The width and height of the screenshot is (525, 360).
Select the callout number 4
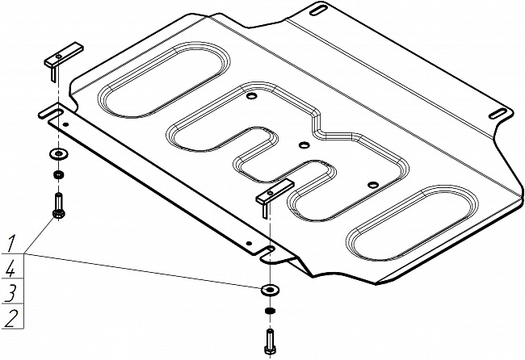tap(10, 267)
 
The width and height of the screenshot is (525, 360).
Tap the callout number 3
tap(10, 291)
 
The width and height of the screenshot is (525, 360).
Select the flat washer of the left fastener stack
tap(58, 153)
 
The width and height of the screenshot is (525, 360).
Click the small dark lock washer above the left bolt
tap(58, 174)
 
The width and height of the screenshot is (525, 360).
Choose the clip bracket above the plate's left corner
tap(57, 60)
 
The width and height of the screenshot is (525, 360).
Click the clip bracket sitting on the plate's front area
tap(271, 194)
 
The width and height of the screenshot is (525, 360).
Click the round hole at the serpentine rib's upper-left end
tap(253, 97)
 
